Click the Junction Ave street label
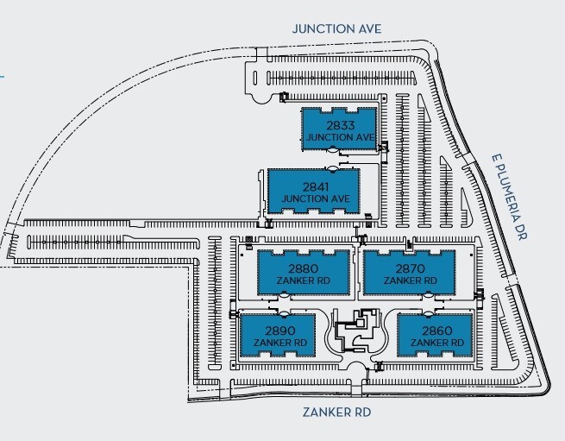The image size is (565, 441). [x=336, y=28]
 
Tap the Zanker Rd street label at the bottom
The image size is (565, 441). [x=336, y=412]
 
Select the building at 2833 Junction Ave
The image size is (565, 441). [x=340, y=129]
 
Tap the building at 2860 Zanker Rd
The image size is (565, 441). [x=433, y=336]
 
